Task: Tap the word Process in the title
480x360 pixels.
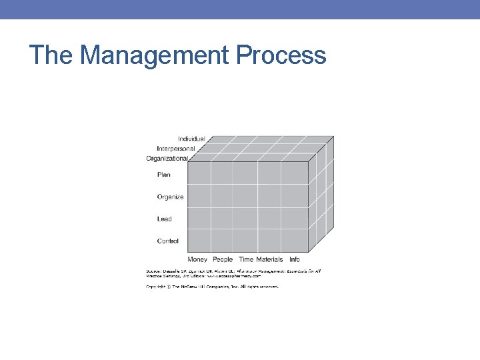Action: pos(281,55)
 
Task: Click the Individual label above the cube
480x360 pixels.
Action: pos(191,139)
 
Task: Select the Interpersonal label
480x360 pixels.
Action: pos(176,148)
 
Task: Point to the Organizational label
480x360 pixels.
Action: pos(167,158)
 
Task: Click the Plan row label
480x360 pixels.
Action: pos(164,175)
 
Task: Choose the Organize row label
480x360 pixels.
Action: pos(170,197)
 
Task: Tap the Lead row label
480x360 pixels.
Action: pos(164,219)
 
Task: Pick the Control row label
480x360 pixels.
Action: pos(168,241)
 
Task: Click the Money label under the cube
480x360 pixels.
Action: pos(197,259)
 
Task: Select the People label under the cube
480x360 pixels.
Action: pos(223,259)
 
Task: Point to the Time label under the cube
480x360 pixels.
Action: pos(246,259)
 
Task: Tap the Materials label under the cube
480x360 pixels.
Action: pos(269,259)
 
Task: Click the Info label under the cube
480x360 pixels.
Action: pos(295,259)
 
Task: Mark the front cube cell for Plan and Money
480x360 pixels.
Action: pos(200,173)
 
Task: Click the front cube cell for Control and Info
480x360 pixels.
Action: pos(294,241)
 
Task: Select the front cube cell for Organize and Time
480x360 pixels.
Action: pos(245,195)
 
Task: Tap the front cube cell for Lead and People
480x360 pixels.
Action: pos(221,218)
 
